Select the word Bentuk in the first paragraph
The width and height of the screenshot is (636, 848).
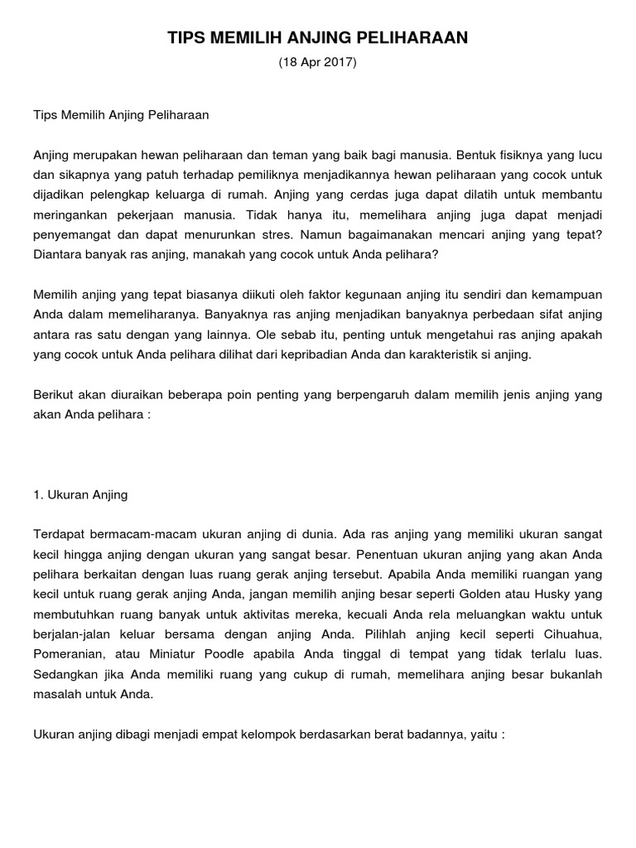(476, 155)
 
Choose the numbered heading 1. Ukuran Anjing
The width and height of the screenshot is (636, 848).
(80, 494)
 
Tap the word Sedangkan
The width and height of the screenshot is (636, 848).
(67, 674)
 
